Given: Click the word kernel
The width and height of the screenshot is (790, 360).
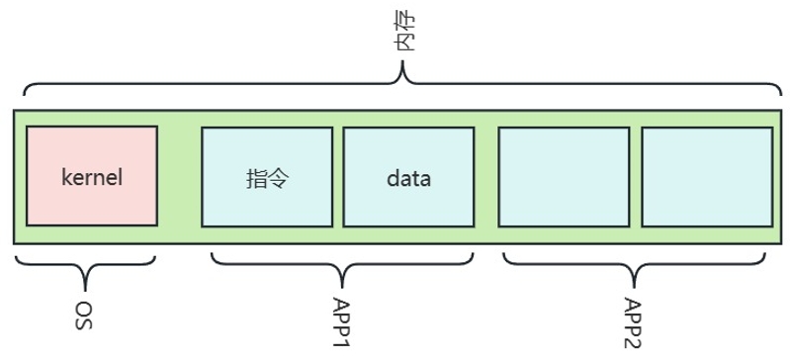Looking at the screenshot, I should pyautogui.click(x=92, y=179).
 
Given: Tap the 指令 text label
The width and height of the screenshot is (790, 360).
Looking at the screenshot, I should pyautogui.click(x=267, y=179).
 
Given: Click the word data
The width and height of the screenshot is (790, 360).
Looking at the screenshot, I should pyautogui.click(x=409, y=179).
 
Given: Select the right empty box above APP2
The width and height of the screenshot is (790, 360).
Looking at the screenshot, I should pyautogui.click(x=707, y=176).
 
